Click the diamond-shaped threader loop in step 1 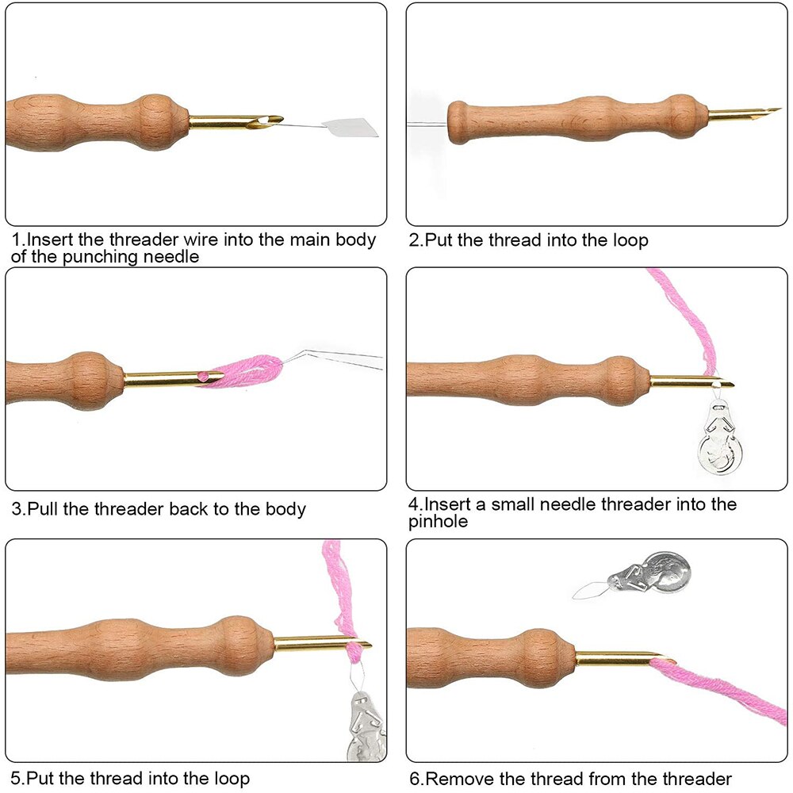coord(352,127)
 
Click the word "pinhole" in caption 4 coord(439,521)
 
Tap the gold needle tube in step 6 coord(615,657)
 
